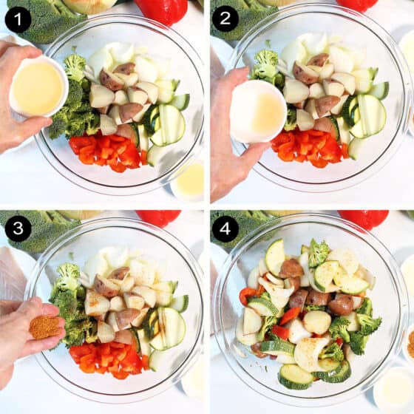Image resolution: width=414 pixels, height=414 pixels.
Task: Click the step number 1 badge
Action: pos(18,20)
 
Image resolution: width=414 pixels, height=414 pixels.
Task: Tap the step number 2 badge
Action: pos(225,18)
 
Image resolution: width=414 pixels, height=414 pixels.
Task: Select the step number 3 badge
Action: pos(18,228)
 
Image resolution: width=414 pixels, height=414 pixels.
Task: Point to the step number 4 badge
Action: pos(225,228)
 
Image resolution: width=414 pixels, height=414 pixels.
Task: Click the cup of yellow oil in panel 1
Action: pos(38,86)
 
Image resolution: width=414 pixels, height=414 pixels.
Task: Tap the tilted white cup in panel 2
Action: pos(258,112)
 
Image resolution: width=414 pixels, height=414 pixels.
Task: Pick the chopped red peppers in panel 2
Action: pos(309,148)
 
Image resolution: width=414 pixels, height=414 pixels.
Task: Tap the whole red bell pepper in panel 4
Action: pos(364,219)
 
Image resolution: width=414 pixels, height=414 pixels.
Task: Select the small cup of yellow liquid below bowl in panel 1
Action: pos(189,181)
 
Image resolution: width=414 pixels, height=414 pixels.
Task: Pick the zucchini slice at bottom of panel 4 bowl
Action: pos(295,377)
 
